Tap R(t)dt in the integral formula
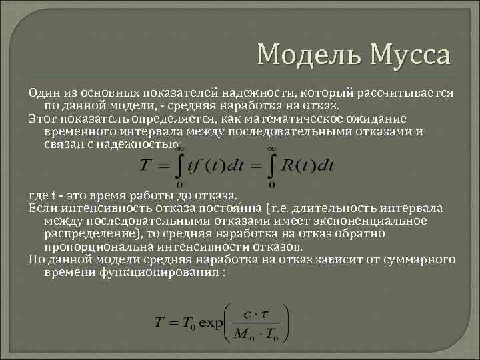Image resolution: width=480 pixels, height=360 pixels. (307, 165)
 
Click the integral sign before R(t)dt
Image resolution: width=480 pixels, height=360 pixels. (272, 165)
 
